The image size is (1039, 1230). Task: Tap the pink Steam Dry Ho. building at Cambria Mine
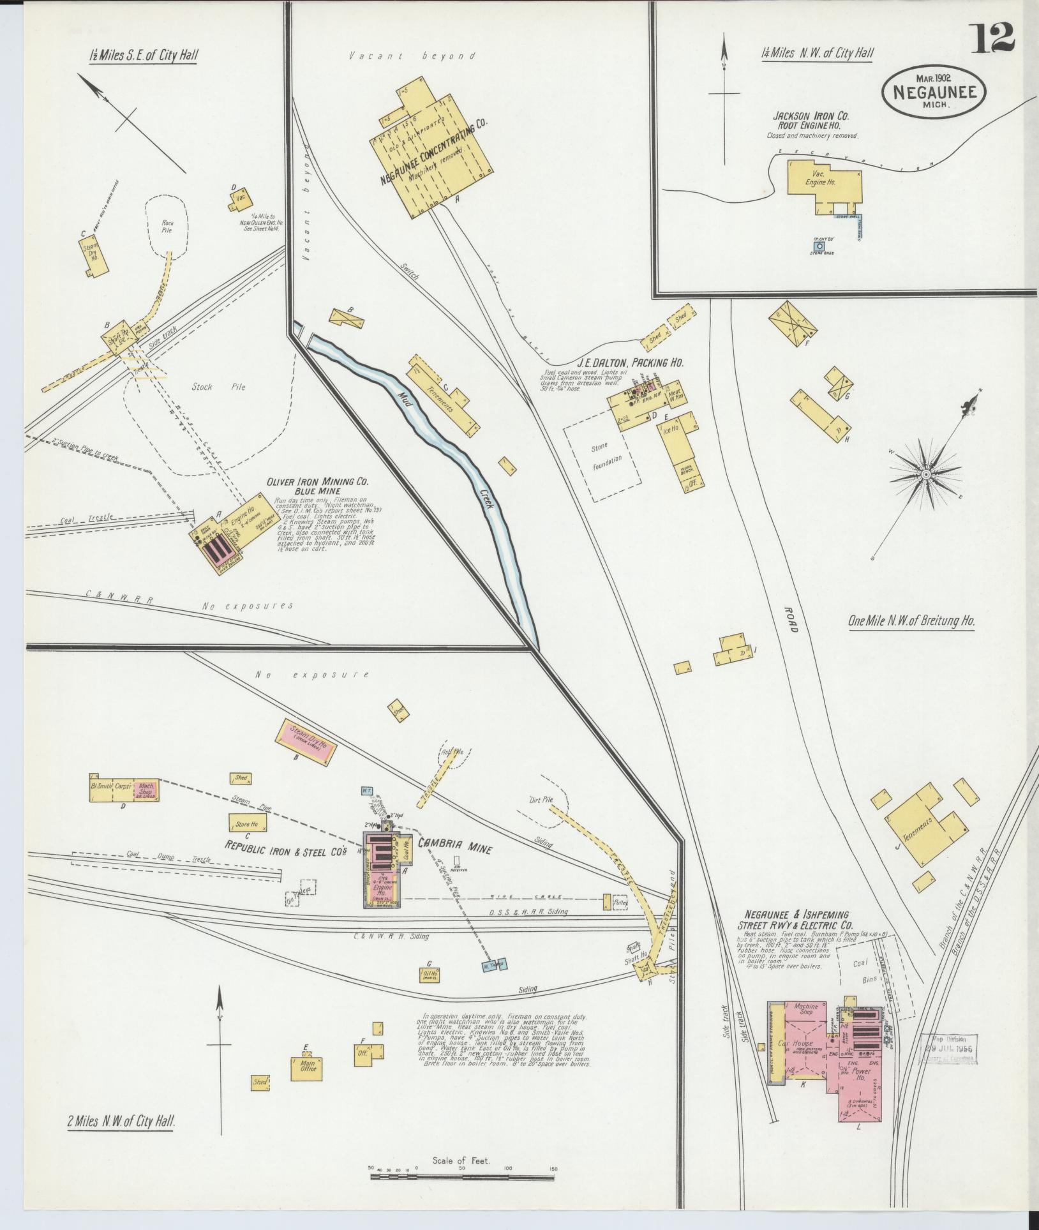304,740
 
